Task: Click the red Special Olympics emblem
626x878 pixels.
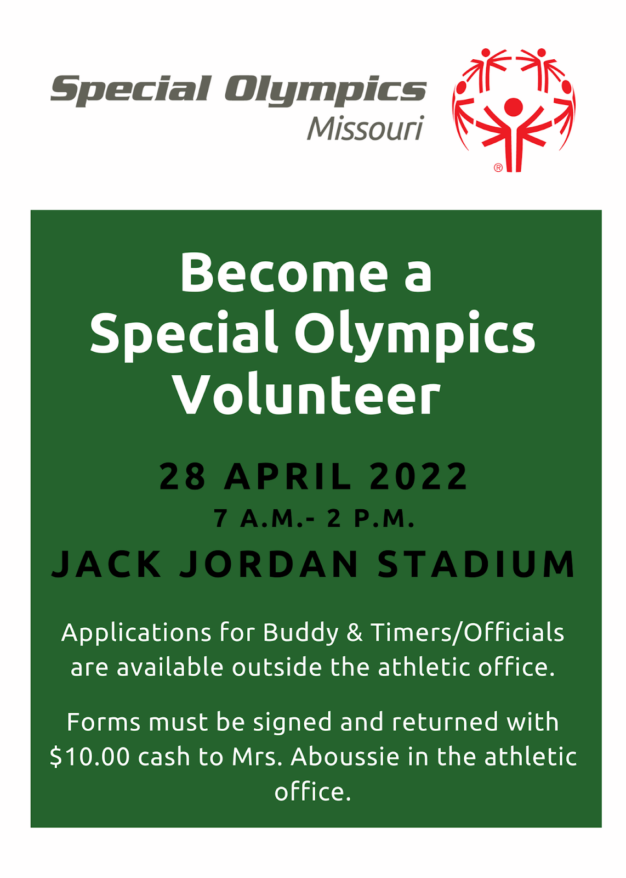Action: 513,110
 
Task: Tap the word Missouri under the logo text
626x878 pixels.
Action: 365,128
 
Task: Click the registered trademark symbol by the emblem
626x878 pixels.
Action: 498,168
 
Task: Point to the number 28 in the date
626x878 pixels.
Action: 183,476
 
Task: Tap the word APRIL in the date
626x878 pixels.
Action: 288,476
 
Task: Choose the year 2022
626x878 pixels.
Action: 418,476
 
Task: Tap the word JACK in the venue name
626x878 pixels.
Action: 106,564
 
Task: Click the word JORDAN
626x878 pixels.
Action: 269,564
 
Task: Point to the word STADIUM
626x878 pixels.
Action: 476,564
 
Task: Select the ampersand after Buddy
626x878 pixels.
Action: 354,633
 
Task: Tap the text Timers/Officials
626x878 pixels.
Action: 468,633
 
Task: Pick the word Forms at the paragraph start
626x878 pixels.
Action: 104,722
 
